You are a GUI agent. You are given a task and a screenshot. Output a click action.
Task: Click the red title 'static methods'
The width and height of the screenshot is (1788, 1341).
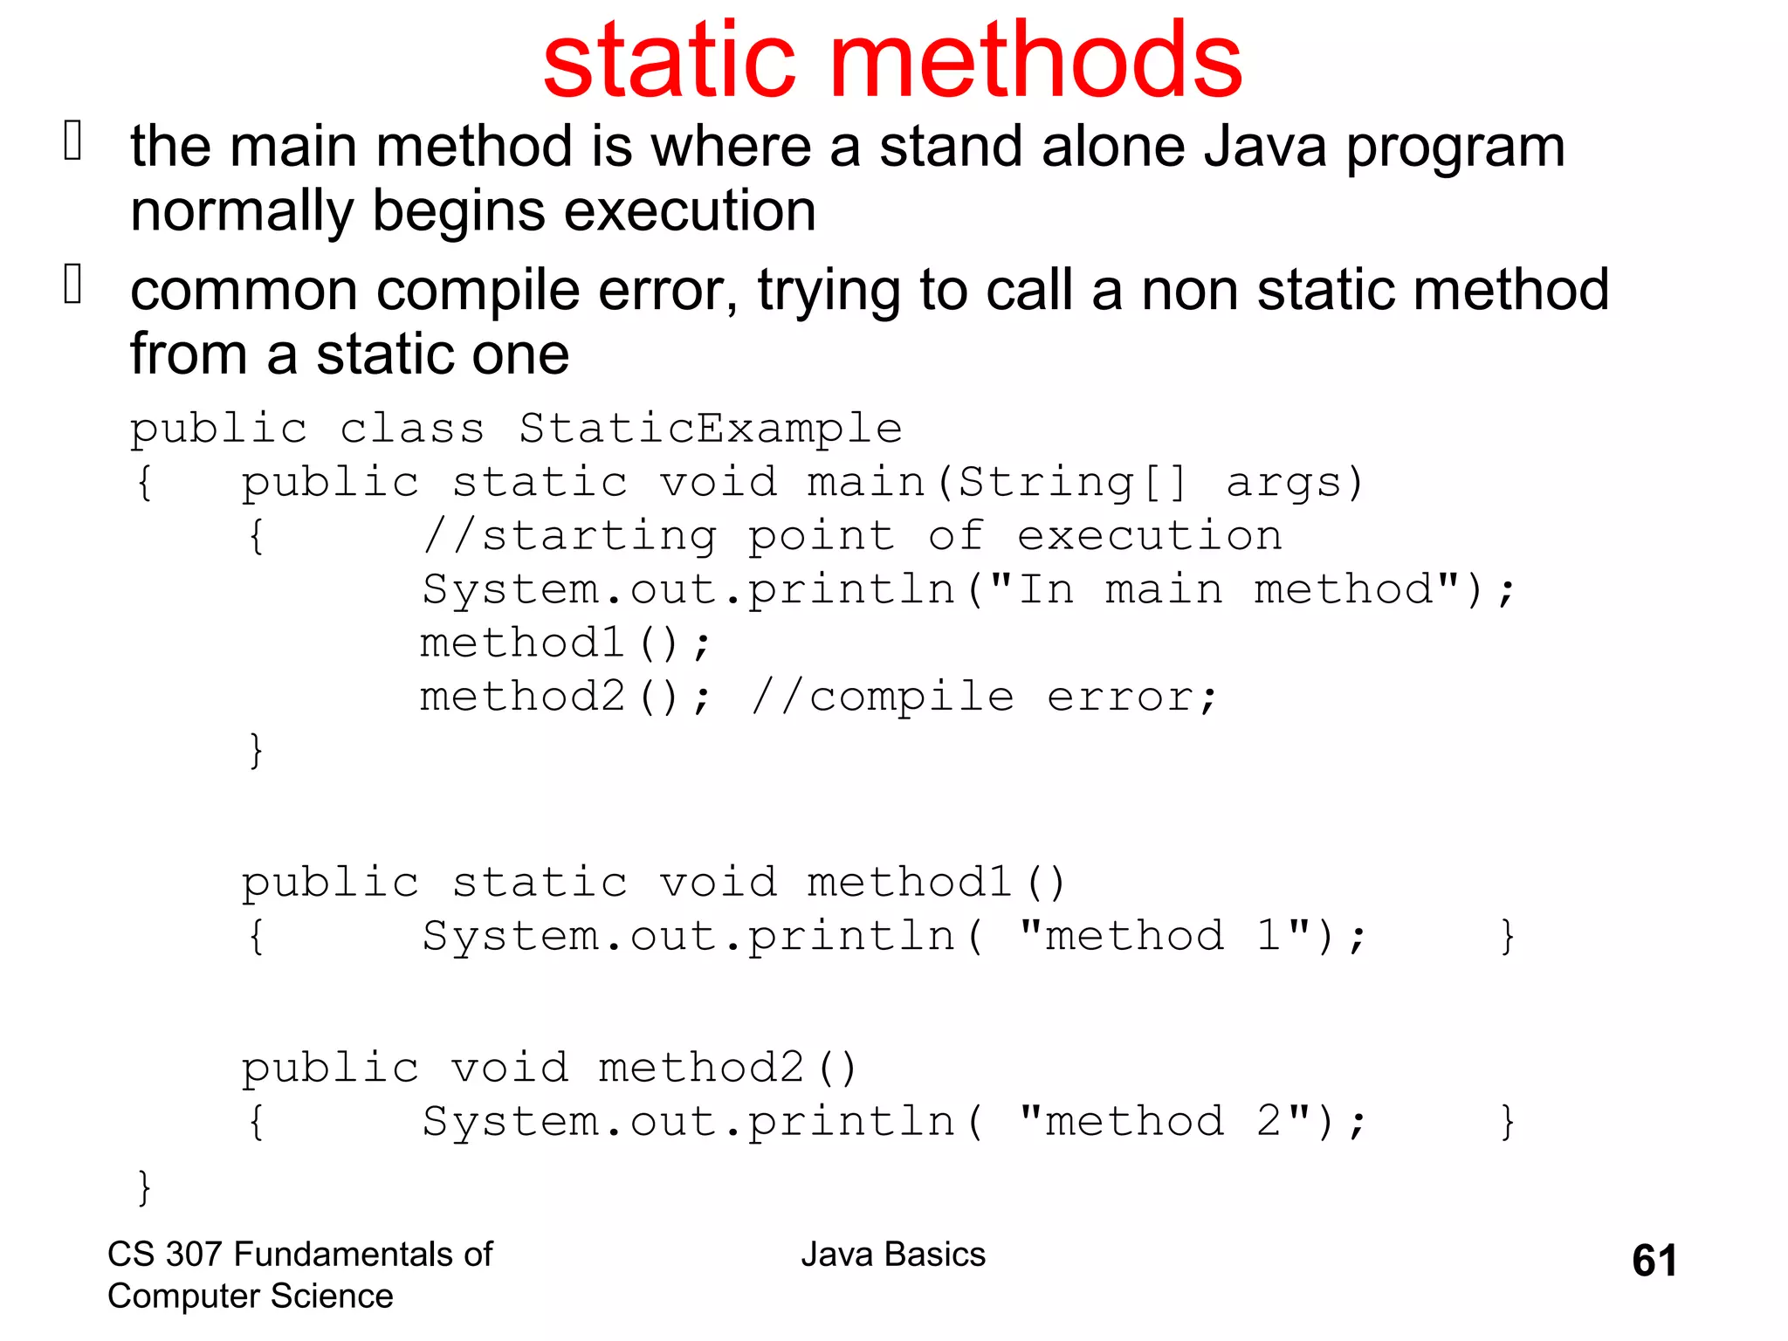(892, 61)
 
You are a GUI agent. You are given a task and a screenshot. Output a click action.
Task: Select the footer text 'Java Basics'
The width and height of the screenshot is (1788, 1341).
(893, 1255)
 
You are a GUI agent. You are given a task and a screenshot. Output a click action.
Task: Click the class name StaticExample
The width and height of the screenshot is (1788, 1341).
(710, 429)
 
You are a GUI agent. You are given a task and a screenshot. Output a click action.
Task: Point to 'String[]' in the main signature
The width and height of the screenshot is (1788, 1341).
(1073, 483)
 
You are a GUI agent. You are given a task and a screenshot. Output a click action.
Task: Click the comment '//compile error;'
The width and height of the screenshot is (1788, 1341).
(984, 698)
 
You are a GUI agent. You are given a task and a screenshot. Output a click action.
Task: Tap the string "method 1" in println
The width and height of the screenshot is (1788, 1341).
(1165, 937)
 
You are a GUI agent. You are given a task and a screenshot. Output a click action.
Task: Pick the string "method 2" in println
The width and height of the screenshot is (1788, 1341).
(1165, 1122)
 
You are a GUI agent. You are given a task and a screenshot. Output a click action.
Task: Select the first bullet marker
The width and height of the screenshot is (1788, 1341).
(73, 141)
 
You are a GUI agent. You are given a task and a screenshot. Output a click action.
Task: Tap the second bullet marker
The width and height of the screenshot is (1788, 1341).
(73, 285)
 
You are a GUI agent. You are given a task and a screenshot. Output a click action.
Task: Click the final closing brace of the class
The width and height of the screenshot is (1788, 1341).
(144, 1187)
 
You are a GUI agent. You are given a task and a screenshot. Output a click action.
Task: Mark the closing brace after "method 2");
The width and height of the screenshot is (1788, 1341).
(1507, 1123)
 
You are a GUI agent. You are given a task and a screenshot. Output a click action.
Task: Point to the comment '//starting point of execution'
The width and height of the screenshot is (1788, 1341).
(852, 536)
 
